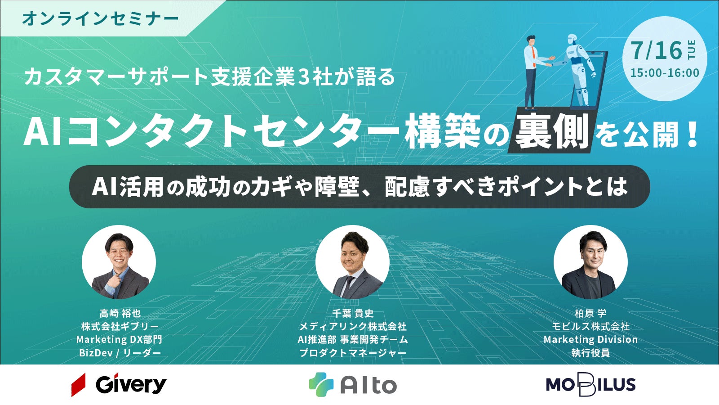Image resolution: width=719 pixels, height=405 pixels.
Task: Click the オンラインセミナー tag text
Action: click(x=100, y=18)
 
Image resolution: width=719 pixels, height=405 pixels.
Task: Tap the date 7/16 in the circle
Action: click(x=657, y=51)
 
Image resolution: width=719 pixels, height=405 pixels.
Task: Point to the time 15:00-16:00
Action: click(x=665, y=73)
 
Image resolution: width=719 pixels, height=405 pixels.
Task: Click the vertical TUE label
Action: click(x=692, y=49)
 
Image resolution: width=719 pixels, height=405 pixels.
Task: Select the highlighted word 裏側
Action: click(x=551, y=131)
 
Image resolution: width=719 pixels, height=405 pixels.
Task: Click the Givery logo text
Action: click(x=131, y=385)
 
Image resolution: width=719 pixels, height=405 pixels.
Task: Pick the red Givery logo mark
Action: click(x=78, y=385)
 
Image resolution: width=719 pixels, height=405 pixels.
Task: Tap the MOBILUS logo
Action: click(x=590, y=385)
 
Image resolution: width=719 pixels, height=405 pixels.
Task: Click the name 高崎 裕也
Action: click(x=120, y=313)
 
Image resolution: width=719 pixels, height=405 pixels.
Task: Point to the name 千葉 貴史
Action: click(x=353, y=313)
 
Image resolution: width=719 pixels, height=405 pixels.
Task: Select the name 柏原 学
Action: click(x=590, y=313)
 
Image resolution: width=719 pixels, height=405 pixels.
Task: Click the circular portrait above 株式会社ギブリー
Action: click(x=119, y=262)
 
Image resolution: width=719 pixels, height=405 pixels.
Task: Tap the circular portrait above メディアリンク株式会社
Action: click(x=352, y=262)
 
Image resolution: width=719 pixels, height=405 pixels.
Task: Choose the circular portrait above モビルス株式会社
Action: click(x=590, y=262)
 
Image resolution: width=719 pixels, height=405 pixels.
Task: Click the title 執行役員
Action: click(x=590, y=353)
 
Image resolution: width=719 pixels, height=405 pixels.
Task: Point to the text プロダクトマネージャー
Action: click(x=353, y=353)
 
